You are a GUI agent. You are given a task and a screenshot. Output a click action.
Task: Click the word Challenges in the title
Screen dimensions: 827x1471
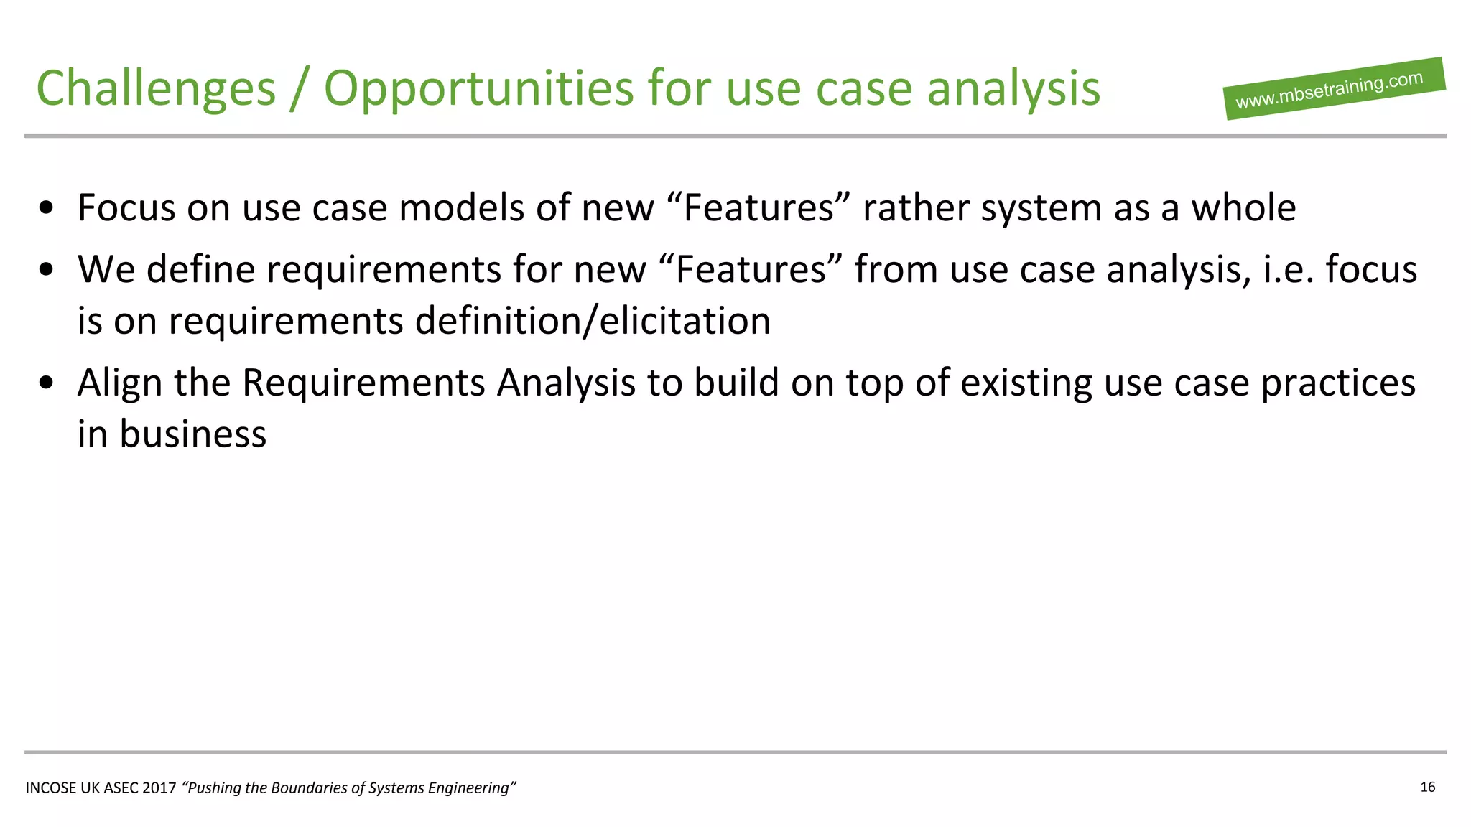coord(156,88)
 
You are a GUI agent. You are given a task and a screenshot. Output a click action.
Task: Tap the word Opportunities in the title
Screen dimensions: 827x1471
coord(479,88)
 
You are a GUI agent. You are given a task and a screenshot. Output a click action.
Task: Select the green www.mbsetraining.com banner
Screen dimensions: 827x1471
coord(1334,89)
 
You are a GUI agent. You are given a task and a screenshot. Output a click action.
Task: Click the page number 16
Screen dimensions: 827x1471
coord(1427,787)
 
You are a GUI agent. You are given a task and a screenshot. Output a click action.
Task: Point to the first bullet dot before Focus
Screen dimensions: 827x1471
coord(47,209)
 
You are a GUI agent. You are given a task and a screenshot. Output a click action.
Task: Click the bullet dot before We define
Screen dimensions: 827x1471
coord(47,271)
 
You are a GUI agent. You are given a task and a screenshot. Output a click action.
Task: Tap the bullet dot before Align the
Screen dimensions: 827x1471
coord(47,383)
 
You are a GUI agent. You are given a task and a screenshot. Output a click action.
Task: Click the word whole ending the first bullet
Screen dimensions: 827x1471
coord(1243,208)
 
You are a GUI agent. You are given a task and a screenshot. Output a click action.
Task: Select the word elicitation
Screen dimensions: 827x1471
coord(685,321)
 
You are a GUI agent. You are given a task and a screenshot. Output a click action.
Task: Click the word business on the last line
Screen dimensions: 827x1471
coord(192,434)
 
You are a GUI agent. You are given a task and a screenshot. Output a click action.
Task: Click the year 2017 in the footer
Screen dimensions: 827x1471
coord(159,788)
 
